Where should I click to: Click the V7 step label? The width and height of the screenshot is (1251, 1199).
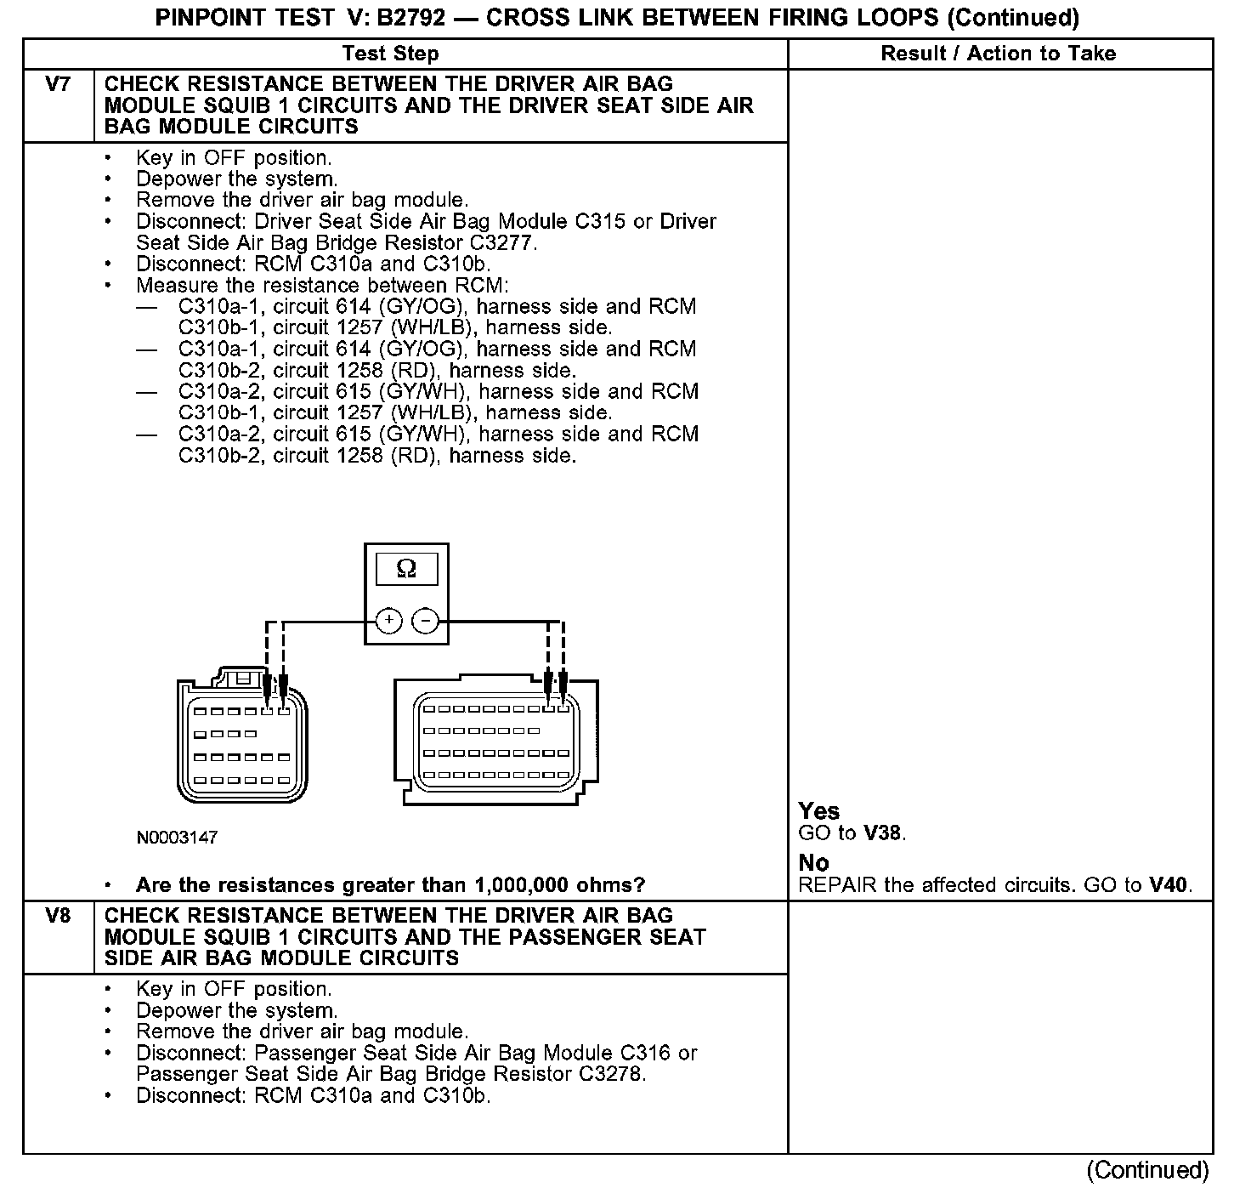point(58,84)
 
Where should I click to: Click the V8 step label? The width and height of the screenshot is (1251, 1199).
point(58,916)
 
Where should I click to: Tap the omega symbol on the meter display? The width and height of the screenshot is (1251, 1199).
point(406,569)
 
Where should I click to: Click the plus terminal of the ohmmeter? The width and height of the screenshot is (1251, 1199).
point(388,621)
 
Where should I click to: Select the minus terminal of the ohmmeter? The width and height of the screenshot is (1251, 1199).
point(425,621)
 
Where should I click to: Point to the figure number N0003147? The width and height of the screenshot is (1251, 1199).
point(177,838)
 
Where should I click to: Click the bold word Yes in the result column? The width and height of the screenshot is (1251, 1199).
point(819,811)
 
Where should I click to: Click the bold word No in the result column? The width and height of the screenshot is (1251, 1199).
point(813,863)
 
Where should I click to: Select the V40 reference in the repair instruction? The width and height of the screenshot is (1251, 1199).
point(1168,885)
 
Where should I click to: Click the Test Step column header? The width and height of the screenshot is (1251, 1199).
point(390,54)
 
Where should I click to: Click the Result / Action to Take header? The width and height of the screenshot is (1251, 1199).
point(999,54)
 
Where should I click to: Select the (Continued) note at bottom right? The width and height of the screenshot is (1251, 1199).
point(1147,1170)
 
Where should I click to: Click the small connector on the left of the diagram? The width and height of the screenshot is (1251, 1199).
point(241,736)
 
